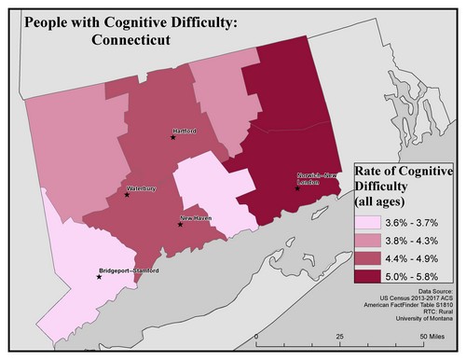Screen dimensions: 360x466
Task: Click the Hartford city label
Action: (185, 132)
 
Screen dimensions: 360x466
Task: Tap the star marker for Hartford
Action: (172, 137)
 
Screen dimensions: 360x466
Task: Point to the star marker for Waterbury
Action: (127, 194)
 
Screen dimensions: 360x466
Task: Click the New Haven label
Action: (195, 218)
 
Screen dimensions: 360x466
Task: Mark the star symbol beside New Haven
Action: (181, 224)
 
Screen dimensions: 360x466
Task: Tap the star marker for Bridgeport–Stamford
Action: (99, 277)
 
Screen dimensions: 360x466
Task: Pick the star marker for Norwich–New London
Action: (297, 188)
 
